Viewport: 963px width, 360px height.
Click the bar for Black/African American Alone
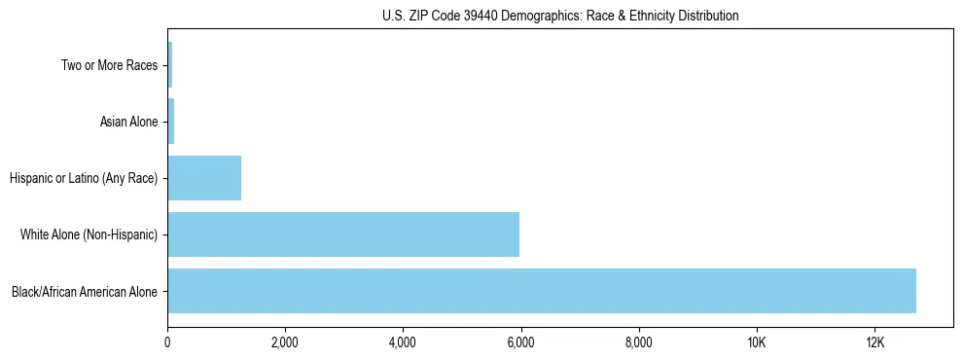(541, 291)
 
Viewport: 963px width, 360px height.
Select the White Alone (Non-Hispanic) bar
(342, 234)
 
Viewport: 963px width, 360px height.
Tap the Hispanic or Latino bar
(204, 178)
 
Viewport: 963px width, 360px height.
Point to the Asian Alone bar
(171, 122)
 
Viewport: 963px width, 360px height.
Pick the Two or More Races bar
(170, 65)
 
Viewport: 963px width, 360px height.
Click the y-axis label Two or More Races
(108, 66)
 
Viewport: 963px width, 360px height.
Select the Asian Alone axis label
(128, 123)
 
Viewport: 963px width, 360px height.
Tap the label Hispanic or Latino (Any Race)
(83, 179)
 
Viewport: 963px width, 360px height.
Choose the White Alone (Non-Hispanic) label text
(89, 234)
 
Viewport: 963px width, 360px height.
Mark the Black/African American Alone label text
(85, 291)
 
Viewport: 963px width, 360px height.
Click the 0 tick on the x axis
(167, 343)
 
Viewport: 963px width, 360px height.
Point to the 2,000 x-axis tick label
(285, 343)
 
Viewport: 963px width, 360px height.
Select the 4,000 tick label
(403, 343)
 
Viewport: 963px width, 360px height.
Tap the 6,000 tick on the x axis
(520, 343)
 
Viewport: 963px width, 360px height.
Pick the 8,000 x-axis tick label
(639, 343)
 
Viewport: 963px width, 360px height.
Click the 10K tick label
(757, 343)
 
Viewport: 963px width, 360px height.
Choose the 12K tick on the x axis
(874, 343)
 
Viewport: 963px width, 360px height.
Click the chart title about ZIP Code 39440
(560, 16)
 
